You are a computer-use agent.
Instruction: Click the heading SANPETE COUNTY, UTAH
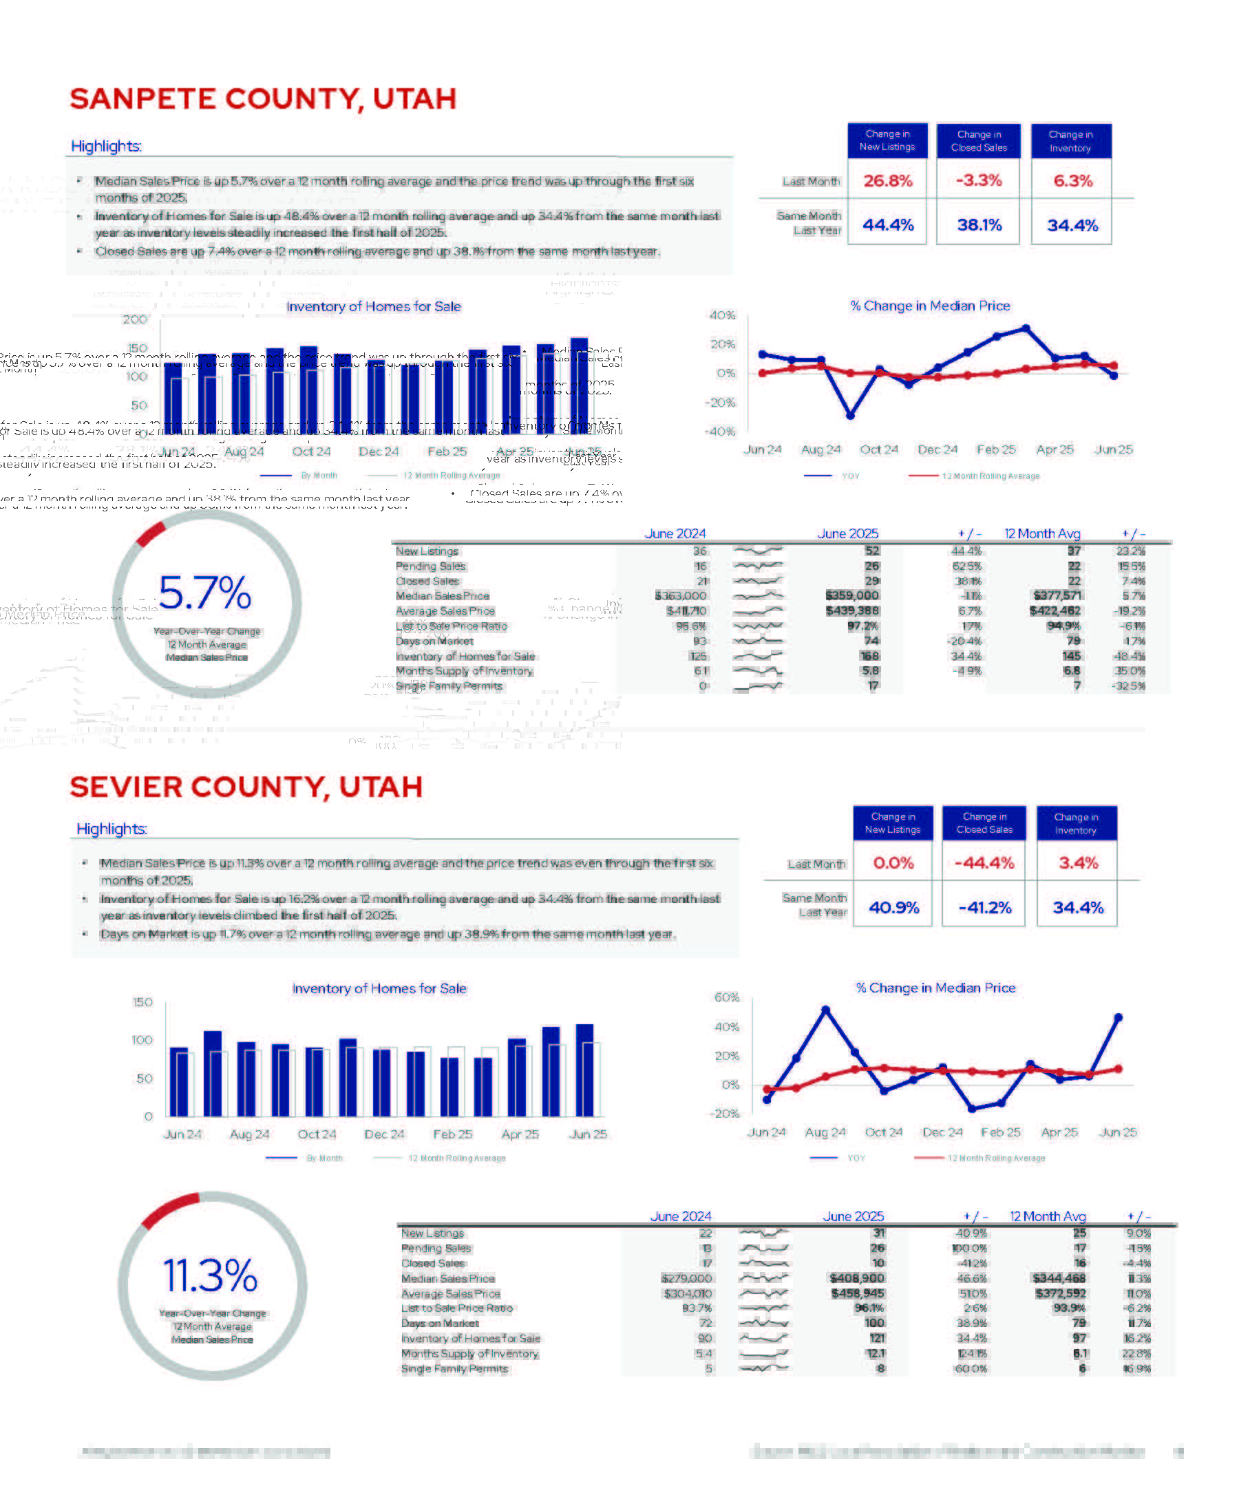263,99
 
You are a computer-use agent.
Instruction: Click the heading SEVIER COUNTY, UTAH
246,787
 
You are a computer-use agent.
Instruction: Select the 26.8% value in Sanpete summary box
887,181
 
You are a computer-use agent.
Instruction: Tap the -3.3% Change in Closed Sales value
979,181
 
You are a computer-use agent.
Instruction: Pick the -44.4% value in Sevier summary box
984,863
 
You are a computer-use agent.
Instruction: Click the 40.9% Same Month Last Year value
893,907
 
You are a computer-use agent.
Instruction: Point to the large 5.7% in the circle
204,593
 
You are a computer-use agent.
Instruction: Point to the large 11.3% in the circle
211,1275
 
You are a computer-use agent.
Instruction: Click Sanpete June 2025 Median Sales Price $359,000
852,596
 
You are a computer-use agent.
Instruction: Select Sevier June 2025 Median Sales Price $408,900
857,1278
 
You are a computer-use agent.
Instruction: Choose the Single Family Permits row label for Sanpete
449,686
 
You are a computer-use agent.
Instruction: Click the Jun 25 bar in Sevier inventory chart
584,1070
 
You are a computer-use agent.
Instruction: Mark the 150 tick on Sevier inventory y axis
142,1002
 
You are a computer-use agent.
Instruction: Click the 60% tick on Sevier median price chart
726,997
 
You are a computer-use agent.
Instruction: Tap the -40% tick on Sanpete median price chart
720,432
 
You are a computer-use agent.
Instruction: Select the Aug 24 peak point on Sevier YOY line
825,1010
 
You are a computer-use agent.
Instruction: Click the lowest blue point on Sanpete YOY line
850,416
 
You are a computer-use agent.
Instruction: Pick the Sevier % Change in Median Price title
935,988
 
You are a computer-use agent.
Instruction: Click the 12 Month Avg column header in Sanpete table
1042,534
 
